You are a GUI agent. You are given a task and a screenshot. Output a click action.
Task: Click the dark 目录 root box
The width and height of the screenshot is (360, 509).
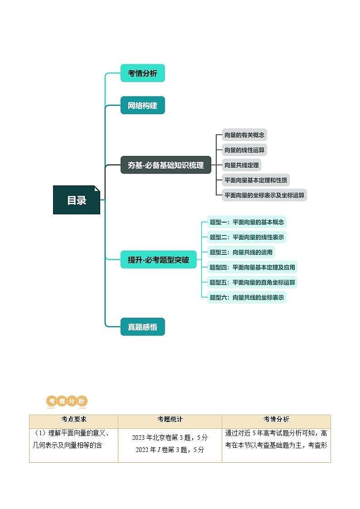coord(77,200)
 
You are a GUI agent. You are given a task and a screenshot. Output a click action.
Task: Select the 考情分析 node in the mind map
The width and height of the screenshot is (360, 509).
coord(142,73)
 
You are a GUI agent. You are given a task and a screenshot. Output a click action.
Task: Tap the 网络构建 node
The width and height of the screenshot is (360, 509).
coord(142,106)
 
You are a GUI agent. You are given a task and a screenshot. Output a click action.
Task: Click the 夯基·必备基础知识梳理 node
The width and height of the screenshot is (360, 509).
coord(165,165)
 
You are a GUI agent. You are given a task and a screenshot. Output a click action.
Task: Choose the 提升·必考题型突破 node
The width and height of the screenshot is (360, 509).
coord(158,260)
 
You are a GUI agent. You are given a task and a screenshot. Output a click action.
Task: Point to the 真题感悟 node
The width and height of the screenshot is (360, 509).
coord(142,327)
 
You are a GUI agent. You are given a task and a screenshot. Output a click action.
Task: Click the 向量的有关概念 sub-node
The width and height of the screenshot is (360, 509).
coord(244,135)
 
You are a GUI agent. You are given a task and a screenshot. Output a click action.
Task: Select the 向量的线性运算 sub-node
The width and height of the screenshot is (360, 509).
coord(244,150)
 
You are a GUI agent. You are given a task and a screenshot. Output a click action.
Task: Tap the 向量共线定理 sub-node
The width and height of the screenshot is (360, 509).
coord(242,165)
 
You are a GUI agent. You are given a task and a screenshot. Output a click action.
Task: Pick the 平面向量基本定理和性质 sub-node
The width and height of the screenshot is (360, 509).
coord(256,180)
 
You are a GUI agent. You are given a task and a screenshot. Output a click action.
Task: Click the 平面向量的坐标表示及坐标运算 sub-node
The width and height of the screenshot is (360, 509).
coord(264,195)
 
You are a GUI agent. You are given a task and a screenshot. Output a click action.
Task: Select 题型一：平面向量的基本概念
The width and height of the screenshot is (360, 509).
coord(247,222)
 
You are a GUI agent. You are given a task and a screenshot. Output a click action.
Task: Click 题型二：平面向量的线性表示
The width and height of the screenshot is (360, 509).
coord(247,237)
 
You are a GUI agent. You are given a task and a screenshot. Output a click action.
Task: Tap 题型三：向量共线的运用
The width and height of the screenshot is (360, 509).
coord(241,252)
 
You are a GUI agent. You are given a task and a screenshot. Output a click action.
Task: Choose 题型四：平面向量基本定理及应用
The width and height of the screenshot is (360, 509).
coord(252,267)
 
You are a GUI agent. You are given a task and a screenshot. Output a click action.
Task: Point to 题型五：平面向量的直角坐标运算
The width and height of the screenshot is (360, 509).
coord(252,282)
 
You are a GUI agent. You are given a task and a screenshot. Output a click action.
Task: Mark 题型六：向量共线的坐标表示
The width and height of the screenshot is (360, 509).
coord(247,297)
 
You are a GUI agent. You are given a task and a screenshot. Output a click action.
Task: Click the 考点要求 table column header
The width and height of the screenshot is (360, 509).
coord(73,420)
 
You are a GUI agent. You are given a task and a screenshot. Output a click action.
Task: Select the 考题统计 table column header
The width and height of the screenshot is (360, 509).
coord(170,420)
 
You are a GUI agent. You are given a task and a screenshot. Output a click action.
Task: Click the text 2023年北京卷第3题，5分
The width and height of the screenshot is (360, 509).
coord(170,438)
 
